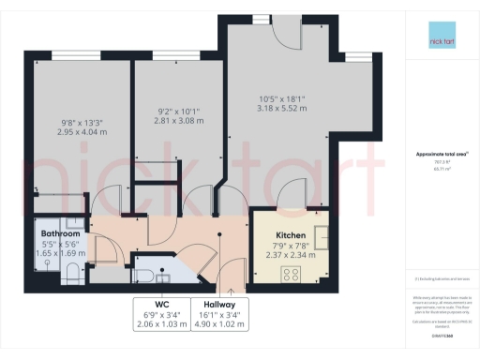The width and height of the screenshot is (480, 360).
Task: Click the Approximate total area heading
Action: [x=441, y=154]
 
